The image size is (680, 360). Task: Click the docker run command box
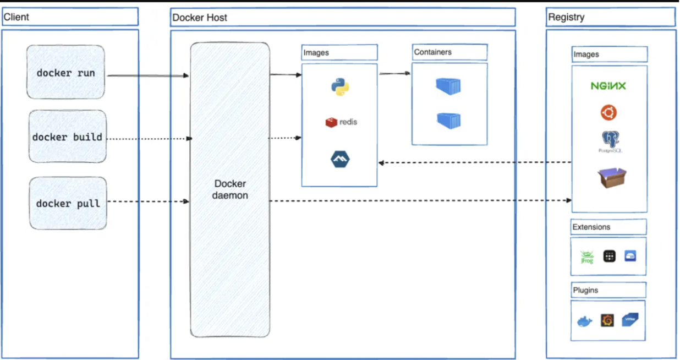tap(65, 72)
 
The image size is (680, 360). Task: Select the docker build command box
tap(67, 137)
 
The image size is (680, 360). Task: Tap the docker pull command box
tap(68, 203)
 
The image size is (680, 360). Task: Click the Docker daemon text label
tap(231, 189)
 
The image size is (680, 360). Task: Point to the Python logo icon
tap(340, 87)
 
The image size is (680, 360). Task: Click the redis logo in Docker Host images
tap(341, 122)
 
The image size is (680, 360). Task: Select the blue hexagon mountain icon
tap(340, 160)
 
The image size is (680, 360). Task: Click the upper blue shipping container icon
tap(448, 86)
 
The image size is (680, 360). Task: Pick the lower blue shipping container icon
tap(448, 121)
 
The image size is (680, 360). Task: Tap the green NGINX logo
tap(608, 86)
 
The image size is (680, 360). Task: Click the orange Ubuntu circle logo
tap(608, 113)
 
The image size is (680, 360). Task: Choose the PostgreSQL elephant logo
tap(610, 140)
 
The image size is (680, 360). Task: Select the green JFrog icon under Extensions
tap(587, 257)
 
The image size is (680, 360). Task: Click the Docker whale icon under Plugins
tap(585, 321)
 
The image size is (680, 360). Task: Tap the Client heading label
tap(17, 17)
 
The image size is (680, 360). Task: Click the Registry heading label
tap(566, 17)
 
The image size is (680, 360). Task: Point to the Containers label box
tap(449, 52)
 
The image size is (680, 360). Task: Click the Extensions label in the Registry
tap(591, 227)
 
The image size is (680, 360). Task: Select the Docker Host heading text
tap(200, 18)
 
